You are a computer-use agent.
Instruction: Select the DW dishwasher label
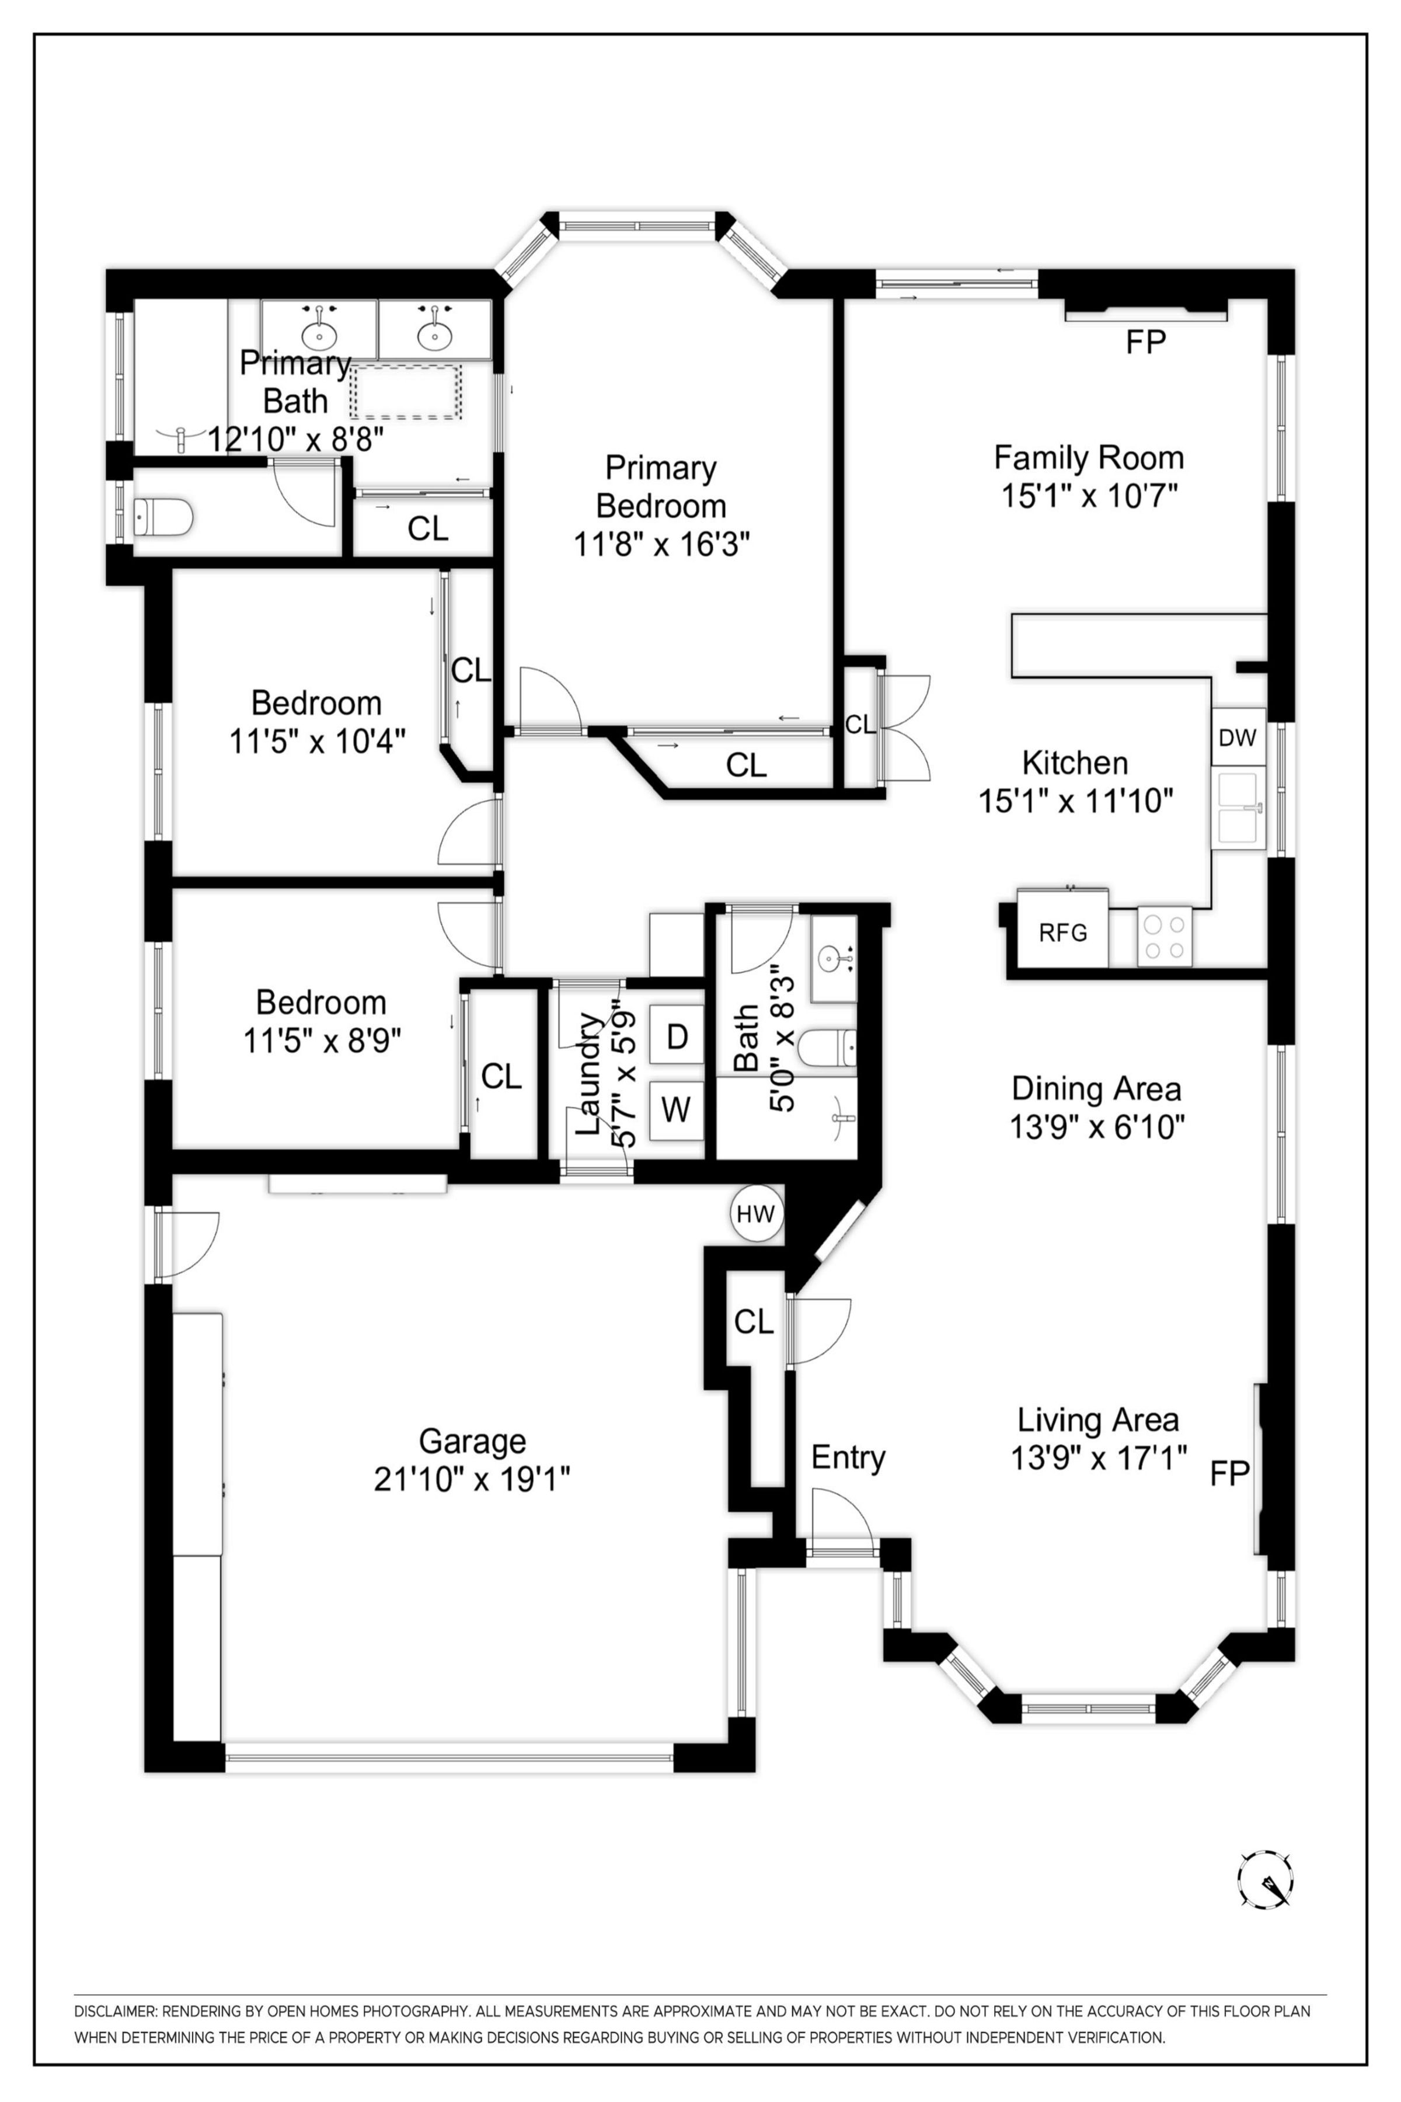coord(1238,737)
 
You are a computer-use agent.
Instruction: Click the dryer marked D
coord(677,1036)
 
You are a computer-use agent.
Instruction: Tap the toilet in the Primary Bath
coord(163,517)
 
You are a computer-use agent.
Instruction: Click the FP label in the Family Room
coord(1145,342)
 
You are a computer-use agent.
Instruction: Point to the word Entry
coord(848,1457)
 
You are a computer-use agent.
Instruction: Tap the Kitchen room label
coord(1075,763)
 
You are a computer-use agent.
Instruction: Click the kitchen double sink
coord(1238,809)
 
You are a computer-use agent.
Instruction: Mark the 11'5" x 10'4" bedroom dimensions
coord(317,741)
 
